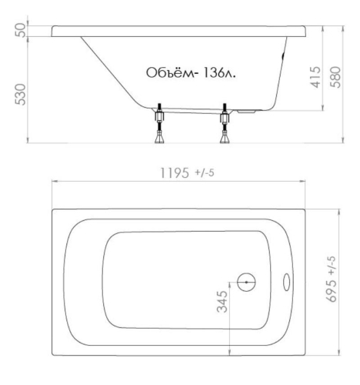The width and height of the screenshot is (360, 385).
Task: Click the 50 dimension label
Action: (x=21, y=30)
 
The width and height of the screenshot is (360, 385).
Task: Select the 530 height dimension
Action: (x=21, y=95)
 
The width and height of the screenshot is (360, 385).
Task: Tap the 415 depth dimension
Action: (x=315, y=77)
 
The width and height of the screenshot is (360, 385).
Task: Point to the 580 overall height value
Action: (x=335, y=77)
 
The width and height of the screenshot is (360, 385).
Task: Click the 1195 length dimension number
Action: (x=175, y=173)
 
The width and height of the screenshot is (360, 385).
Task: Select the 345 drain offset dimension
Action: (x=222, y=302)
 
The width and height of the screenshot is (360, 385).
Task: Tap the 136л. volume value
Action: (x=218, y=73)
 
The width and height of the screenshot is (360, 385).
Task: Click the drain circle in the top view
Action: (x=246, y=273)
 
